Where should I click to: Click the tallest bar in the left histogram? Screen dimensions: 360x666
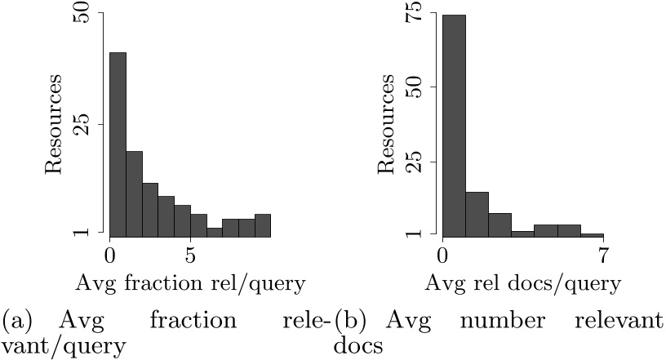(x=118, y=144)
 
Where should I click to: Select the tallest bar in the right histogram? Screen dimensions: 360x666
(x=454, y=125)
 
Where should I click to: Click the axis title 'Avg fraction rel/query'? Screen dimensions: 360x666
(x=190, y=283)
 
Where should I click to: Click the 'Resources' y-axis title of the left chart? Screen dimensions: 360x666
(x=54, y=124)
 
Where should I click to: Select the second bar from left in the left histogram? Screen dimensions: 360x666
(x=135, y=193)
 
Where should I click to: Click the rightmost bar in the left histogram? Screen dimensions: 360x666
(x=262, y=224)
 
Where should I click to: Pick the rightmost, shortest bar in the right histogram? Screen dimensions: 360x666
(x=592, y=234)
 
